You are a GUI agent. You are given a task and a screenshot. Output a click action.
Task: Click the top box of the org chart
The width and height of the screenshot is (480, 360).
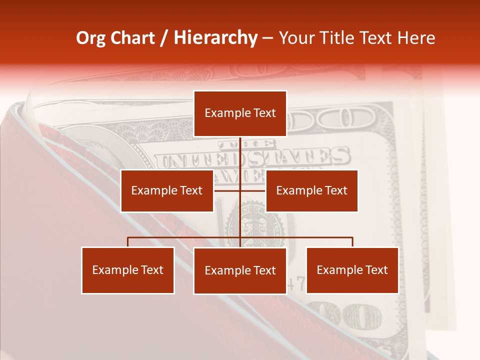(240, 113)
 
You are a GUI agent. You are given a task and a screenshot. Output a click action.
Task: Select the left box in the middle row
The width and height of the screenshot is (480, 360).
(167, 190)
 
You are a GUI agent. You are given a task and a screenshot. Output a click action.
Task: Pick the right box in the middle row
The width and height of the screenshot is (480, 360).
(311, 190)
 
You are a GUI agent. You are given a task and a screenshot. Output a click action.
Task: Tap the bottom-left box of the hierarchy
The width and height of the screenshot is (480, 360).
(128, 270)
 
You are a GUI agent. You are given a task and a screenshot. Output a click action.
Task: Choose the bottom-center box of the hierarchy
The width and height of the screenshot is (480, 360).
(240, 270)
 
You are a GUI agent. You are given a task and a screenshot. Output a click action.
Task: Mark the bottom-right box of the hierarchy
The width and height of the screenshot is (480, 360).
(352, 270)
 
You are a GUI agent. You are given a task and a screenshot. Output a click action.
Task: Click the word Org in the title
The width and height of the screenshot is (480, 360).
(90, 38)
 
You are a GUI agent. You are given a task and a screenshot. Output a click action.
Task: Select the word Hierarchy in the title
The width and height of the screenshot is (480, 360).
(215, 38)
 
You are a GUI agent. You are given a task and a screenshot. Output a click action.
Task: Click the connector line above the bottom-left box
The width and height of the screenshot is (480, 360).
(128, 242)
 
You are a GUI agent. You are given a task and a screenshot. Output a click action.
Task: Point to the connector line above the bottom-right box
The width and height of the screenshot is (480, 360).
(352, 242)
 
